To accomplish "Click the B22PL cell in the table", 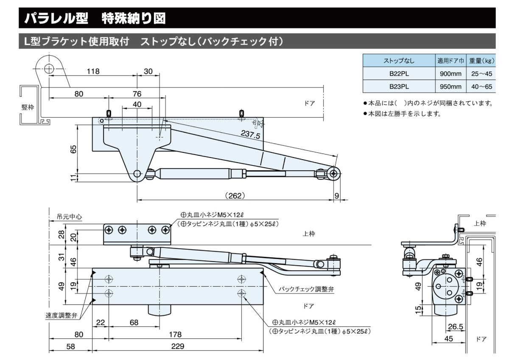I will pyautogui.click(x=399, y=73).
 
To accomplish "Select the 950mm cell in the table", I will pyautogui.click(x=449, y=87).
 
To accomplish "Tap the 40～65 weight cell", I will pyautogui.click(x=481, y=87).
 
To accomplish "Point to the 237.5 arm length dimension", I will pyautogui.click(x=250, y=135).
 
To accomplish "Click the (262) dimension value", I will pyautogui.click(x=235, y=196).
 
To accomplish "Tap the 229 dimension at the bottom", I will pyautogui.click(x=178, y=346).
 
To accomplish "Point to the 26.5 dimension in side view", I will pyautogui.click(x=455, y=326).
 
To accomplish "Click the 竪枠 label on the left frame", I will pyautogui.click(x=28, y=107).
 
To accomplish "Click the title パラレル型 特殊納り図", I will pyautogui.click(x=95, y=18).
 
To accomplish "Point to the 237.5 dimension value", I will pyautogui.click(x=250, y=135).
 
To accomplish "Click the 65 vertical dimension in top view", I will pyautogui.click(x=73, y=149).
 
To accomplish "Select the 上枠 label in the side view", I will pyautogui.click(x=480, y=224).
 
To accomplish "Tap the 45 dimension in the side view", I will pyautogui.click(x=449, y=339).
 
